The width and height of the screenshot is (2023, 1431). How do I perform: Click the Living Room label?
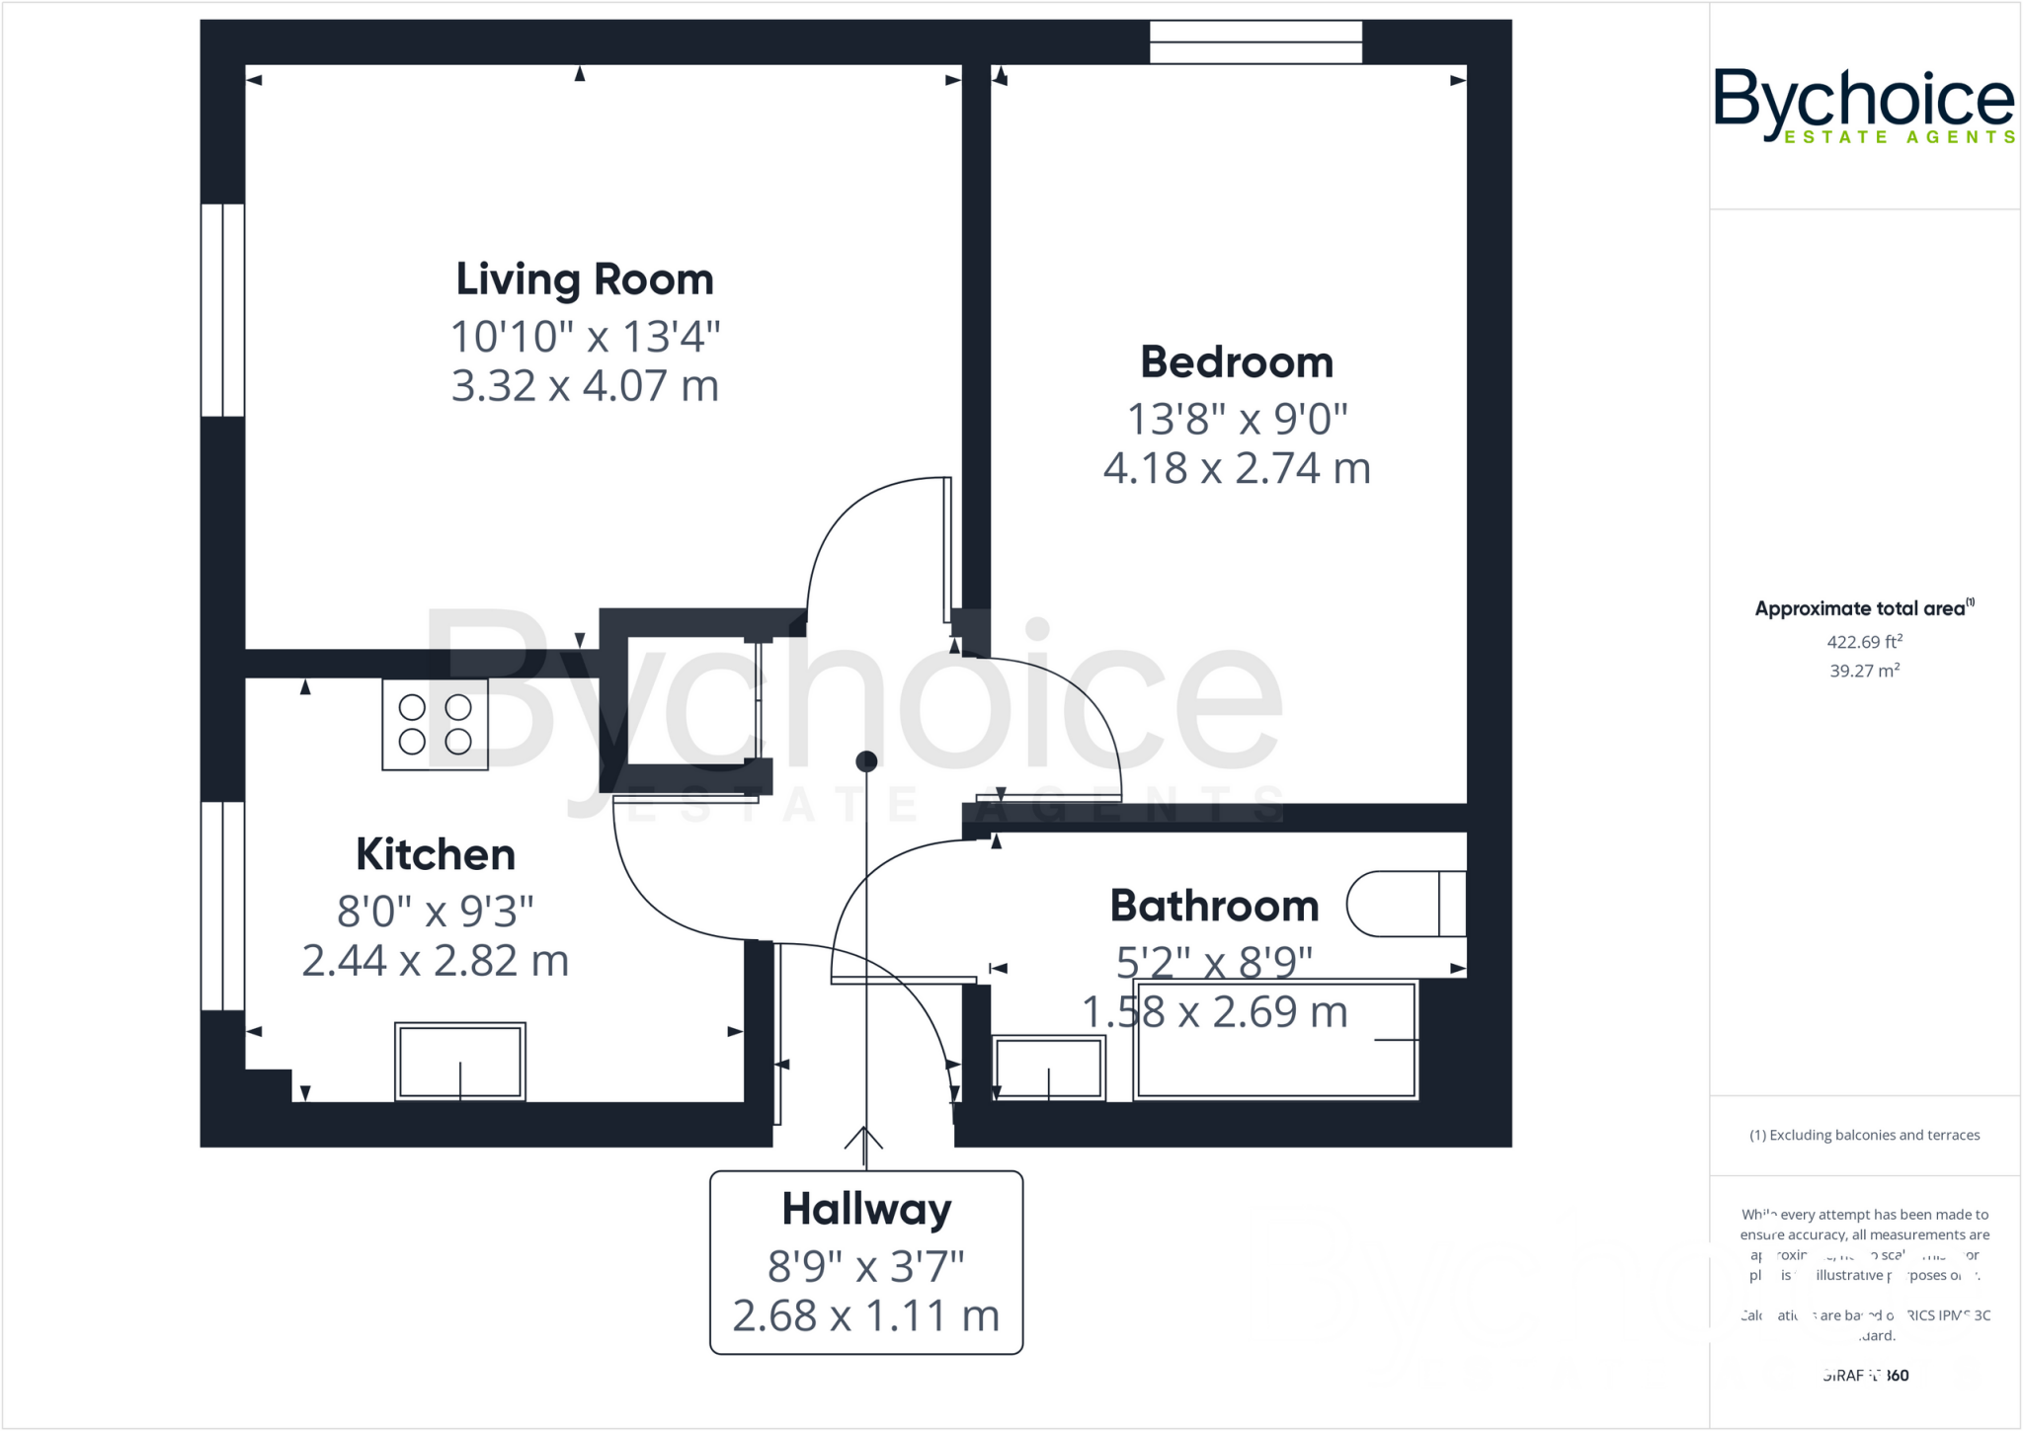[x=584, y=280]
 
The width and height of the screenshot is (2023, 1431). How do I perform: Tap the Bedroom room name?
[x=1237, y=363]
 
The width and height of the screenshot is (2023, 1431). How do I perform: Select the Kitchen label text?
[x=436, y=855]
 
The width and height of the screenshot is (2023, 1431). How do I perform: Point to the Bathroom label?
[x=1214, y=907]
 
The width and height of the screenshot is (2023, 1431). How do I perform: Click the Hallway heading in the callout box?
[x=866, y=1210]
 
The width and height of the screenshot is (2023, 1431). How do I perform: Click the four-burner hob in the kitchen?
[x=435, y=724]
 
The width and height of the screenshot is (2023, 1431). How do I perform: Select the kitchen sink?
[x=460, y=1062]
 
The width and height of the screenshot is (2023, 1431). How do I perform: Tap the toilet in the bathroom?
[x=1405, y=904]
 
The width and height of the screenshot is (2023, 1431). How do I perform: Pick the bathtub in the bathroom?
[x=1275, y=1040]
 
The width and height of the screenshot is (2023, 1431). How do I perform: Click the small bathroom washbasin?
[x=1048, y=1068]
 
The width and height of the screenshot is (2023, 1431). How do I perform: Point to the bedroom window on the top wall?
[x=1255, y=42]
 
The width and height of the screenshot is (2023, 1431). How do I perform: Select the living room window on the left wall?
[x=222, y=310]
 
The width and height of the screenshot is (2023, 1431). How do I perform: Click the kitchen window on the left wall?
[x=222, y=906]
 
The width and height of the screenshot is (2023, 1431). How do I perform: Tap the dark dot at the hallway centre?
[x=866, y=761]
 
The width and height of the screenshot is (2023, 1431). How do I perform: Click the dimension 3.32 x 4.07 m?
[x=585, y=386]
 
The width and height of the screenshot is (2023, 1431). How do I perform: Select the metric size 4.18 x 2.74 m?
[x=1237, y=469]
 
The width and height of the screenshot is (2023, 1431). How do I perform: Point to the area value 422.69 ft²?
[x=1864, y=642]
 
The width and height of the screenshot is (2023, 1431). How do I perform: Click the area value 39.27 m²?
[x=1864, y=671]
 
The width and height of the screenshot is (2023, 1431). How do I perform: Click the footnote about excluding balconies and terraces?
[x=1864, y=1136]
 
